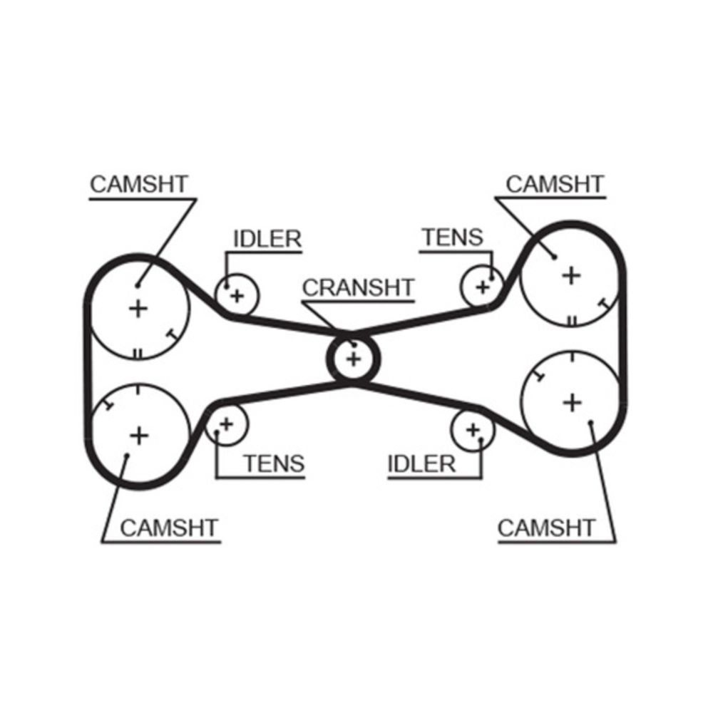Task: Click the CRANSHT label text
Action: pos(358,287)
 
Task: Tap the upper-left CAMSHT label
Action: pos(138,184)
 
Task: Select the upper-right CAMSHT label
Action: pos(554,184)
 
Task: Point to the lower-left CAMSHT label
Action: pos(169,528)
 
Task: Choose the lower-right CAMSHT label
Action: pos(546,528)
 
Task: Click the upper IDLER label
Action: pos(267,239)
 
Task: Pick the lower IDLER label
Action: pos(421,464)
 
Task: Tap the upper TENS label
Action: pos(452,237)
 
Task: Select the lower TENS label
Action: pos(274,464)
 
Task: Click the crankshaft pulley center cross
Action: pos(353,358)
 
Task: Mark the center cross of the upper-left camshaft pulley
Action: pos(138,309)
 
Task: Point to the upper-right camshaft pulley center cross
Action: pos(570,275)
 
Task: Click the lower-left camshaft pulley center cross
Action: pos(138,434)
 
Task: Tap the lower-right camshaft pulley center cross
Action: pos(572,403)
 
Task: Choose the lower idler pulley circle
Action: pos(473,430)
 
